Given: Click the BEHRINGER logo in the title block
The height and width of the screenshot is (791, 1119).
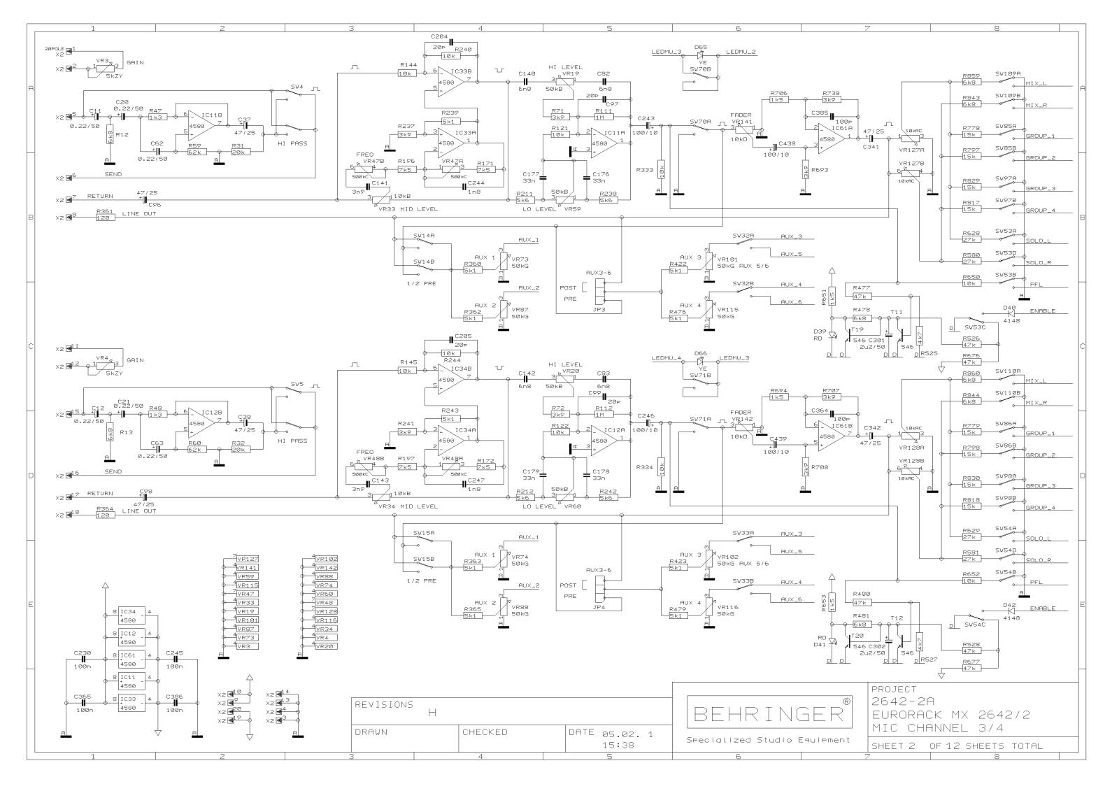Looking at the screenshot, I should coord(769,713).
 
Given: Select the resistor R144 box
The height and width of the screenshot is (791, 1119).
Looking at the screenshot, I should coord(407,73).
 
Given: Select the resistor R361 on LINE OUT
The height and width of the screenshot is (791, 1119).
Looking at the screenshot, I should coord(105,218).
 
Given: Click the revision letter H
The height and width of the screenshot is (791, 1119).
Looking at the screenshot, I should coord(432,713).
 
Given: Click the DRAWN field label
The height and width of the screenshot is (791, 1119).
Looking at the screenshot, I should coord(371,732).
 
